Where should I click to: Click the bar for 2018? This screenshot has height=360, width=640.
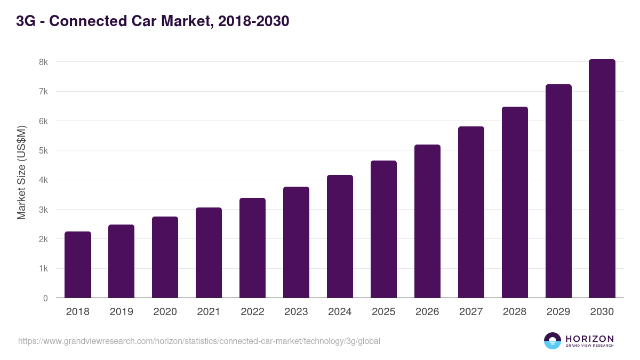tap(78, 265)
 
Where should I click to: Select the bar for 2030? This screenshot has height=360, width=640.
tap(602, 179)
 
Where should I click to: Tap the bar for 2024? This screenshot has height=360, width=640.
tap(340, 236)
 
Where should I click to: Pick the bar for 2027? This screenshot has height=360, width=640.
tap(471, 212)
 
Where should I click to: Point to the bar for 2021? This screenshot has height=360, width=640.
tap(209, 253)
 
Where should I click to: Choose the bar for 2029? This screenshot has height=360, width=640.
tap(558, 191)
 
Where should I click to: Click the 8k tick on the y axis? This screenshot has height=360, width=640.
tap(43, 62)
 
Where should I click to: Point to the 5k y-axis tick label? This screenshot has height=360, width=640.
tap(43, 150)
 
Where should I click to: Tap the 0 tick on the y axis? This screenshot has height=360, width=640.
tap(45, 298)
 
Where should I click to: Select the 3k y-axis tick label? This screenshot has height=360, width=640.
tap(43, 210)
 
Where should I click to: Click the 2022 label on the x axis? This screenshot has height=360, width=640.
tap(252, 312)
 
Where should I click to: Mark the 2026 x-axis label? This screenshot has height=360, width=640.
tap(427, 312)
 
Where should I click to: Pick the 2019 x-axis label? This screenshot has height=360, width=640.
tap(121, 312)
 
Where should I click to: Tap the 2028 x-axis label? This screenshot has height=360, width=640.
tap(515, 312)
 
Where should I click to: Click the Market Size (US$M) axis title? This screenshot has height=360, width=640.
tap(21, 172)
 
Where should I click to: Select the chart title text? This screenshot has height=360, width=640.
tap(153, 21)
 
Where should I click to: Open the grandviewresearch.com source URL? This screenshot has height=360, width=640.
tap(199, 341)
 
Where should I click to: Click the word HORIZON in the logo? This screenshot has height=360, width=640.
tap(589, 339)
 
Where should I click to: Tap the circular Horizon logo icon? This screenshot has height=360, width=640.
tap(553, 341)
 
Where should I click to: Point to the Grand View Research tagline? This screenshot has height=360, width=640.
tap(589, 346)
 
